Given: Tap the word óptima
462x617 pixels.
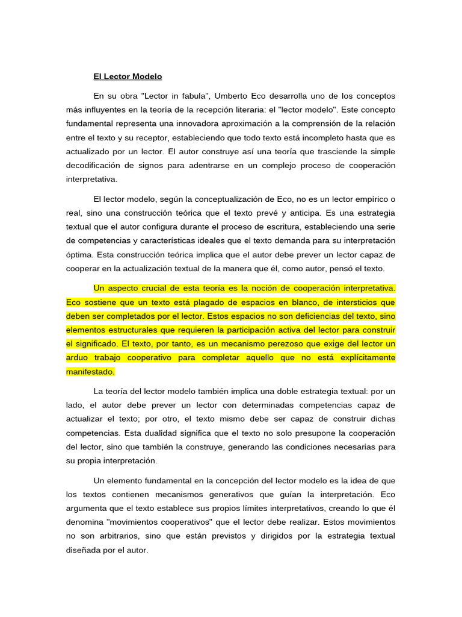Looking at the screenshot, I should [x=79, y=254].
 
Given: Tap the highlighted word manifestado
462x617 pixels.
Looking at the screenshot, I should [x=90, y=371].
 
